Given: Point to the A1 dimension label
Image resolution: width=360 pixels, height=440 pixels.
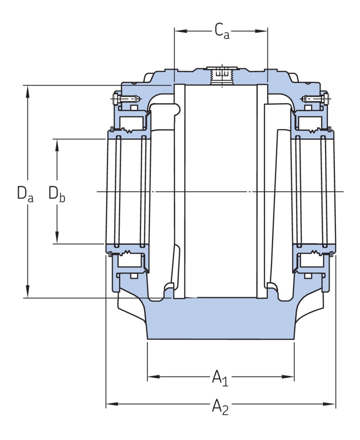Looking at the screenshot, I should click(220, 377).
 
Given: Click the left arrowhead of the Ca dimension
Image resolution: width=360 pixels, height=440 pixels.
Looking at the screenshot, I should click(179, 31).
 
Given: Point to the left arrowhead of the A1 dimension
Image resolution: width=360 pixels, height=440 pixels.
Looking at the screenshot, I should click(152, 376).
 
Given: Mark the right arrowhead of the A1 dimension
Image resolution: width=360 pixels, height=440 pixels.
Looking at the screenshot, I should click(290, 376).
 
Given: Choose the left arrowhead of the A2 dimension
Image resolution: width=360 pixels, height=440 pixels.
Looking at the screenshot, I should click(111, 404).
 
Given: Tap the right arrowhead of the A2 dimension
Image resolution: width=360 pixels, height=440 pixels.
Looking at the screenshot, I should click(331, 404).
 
